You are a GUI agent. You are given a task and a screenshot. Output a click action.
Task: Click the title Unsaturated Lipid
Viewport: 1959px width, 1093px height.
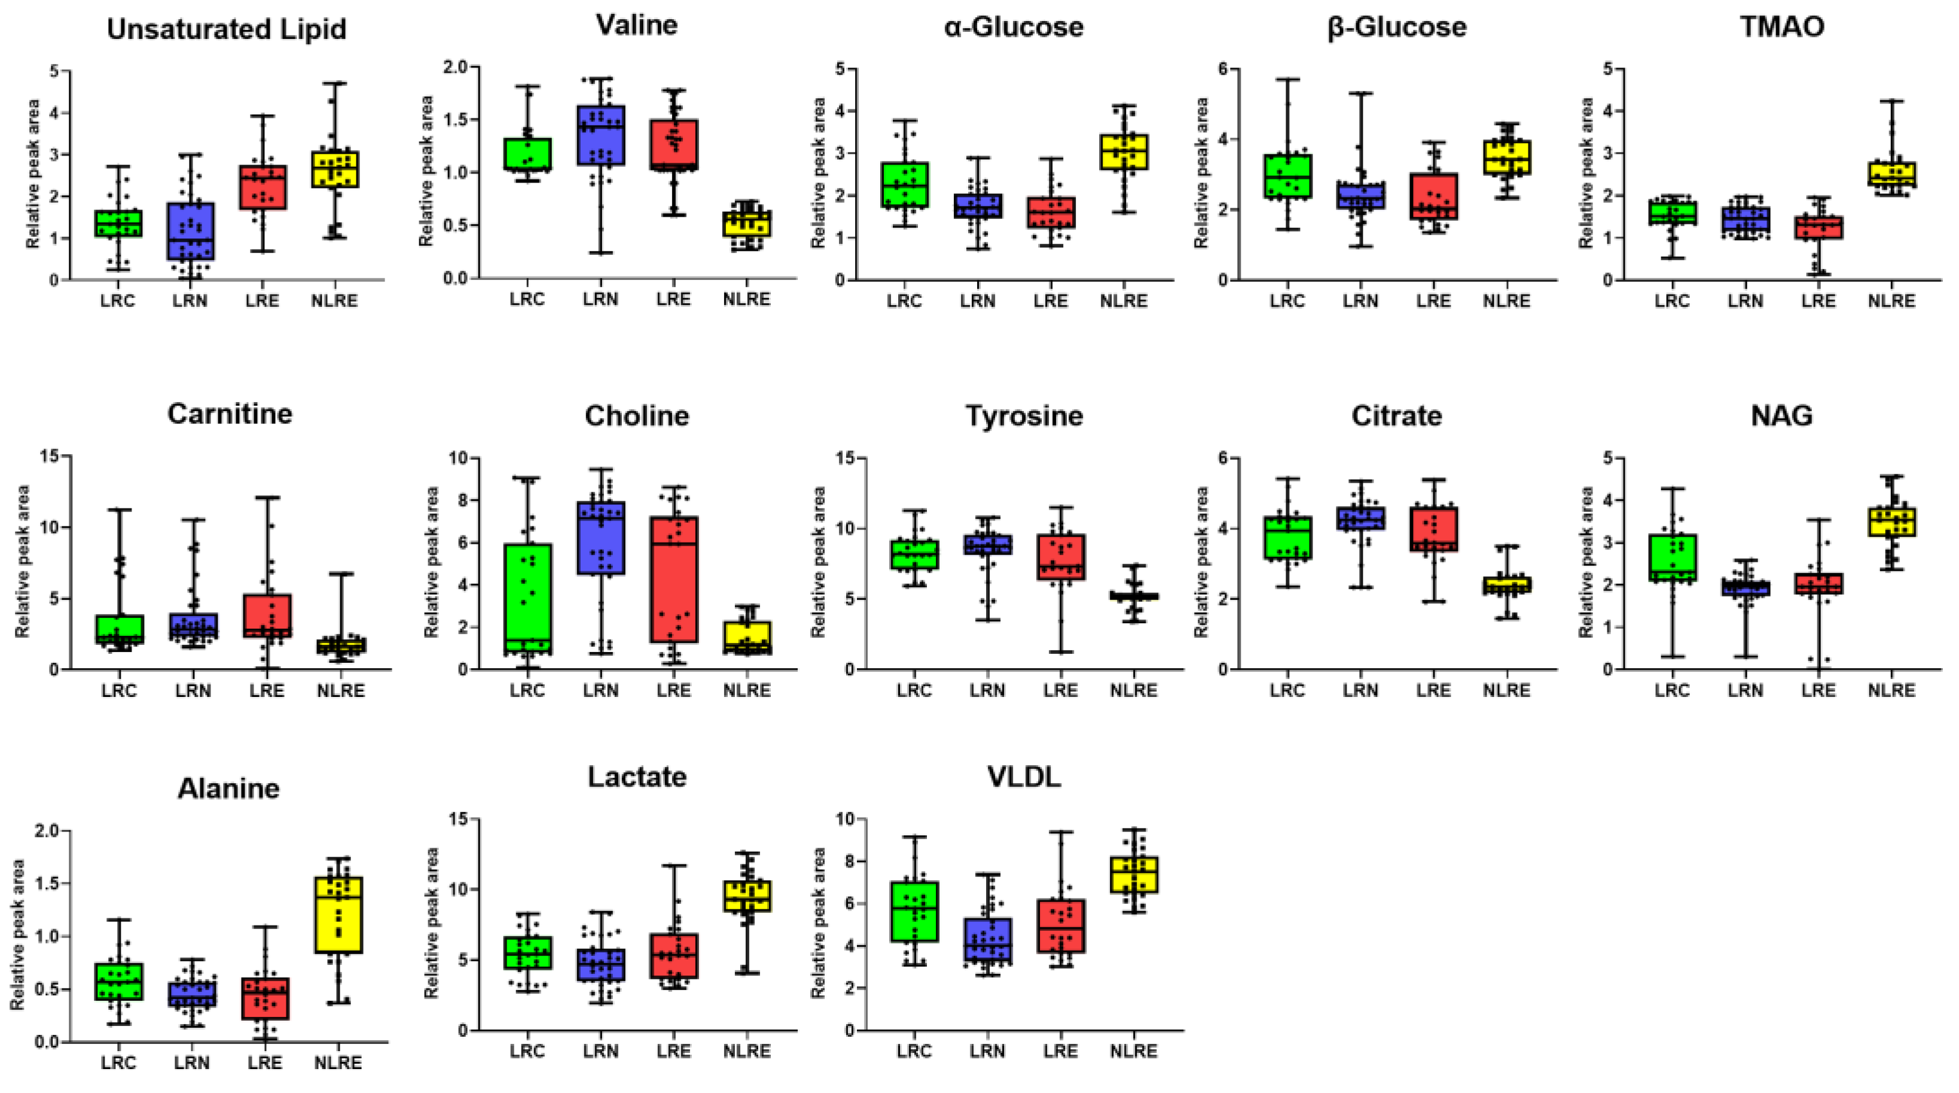pyautogui.click(x=227, y=30)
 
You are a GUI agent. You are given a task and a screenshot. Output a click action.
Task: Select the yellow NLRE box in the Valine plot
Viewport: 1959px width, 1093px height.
pyautogui.click(x=747, y=224)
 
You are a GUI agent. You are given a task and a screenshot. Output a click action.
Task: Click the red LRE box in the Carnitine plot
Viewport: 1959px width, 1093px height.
pyautogui.click(x=267, y=616)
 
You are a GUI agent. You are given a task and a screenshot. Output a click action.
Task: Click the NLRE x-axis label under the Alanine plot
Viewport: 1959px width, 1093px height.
pyautogui.click(x=338, y=1062)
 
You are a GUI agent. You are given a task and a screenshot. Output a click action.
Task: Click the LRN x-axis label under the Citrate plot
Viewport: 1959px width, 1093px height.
pyautogui.click(x=1360, y=690)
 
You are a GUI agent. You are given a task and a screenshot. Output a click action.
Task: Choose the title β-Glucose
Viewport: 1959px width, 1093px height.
pyautogui.click(x=1396, y=28)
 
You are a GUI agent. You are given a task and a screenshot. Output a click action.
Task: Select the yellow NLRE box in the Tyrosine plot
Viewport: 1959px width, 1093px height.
pyautogui.click(x=1133, y=596)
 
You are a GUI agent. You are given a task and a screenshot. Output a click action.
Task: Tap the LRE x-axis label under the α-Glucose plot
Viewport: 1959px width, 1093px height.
pyautogui.click(x=1050, y=301)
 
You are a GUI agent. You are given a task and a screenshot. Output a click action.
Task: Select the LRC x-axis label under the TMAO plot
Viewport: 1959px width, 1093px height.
pyautogui.click(x=1671, y=301)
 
